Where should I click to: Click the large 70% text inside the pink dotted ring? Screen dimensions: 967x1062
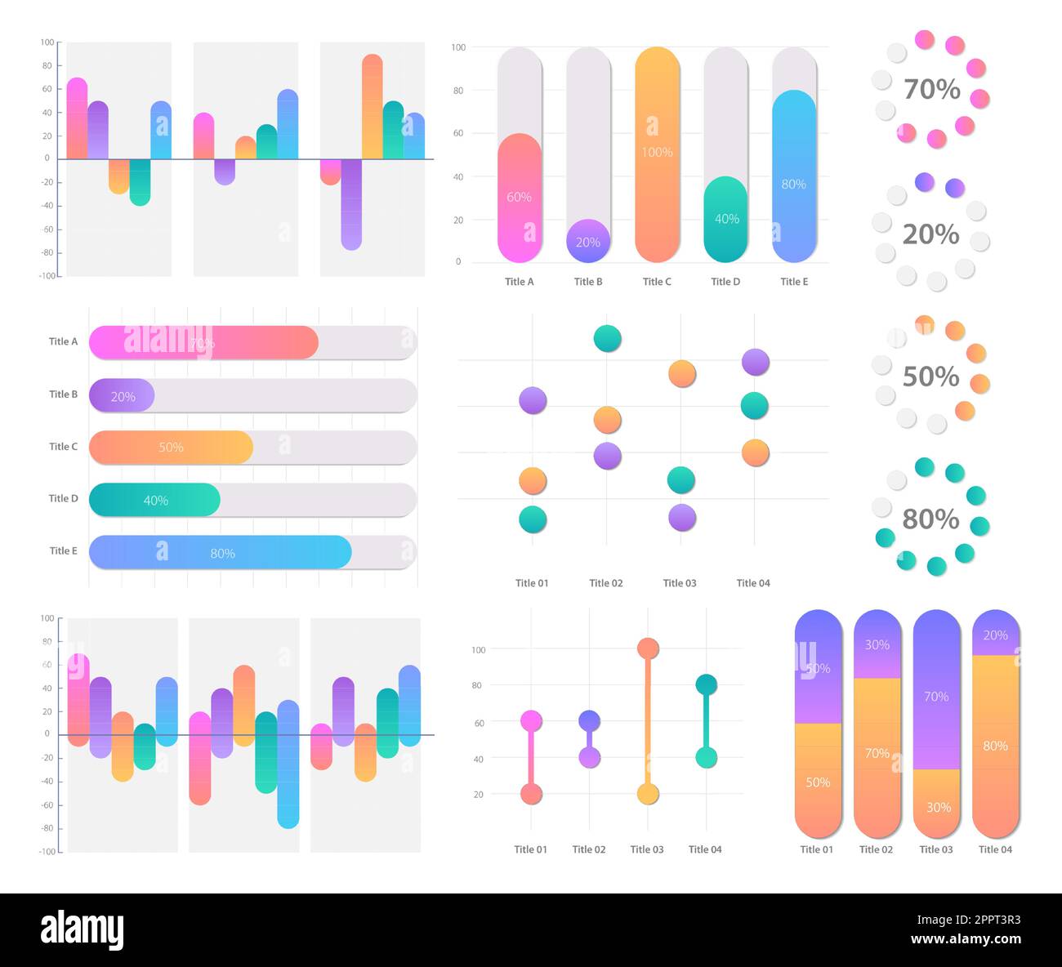click(x=931, y=89)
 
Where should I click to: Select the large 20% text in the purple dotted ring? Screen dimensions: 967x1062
click(x=930, y=234)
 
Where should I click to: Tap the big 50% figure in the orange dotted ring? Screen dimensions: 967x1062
click(x=930, y=377)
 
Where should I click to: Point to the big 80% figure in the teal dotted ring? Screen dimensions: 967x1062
click(x=930, y=519)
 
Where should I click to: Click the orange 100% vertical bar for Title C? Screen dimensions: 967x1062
click(x=657, y=154)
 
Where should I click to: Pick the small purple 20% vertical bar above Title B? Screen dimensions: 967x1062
click(x=588, y=241)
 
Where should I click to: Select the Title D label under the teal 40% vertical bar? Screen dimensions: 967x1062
click(x=725, y=282)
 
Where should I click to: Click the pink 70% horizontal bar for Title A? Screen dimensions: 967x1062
click(x=203, y=343)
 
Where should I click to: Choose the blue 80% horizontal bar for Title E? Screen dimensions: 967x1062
click(x=221, y=553)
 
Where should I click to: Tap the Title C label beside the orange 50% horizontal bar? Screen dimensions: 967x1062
click(x=63, y=447)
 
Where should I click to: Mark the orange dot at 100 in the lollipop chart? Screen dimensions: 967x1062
click(x=648, y=648)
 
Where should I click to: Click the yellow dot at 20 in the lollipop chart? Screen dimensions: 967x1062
click(x=648, y=794)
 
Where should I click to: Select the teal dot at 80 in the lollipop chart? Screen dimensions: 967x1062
click(x=707, y=684)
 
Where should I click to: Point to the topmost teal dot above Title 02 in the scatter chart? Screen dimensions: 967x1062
click(x=607, y=338)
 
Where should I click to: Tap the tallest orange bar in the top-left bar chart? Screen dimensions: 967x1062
click(x=373, y=106)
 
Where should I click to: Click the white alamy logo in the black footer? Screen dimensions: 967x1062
click(x=82, y=930)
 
